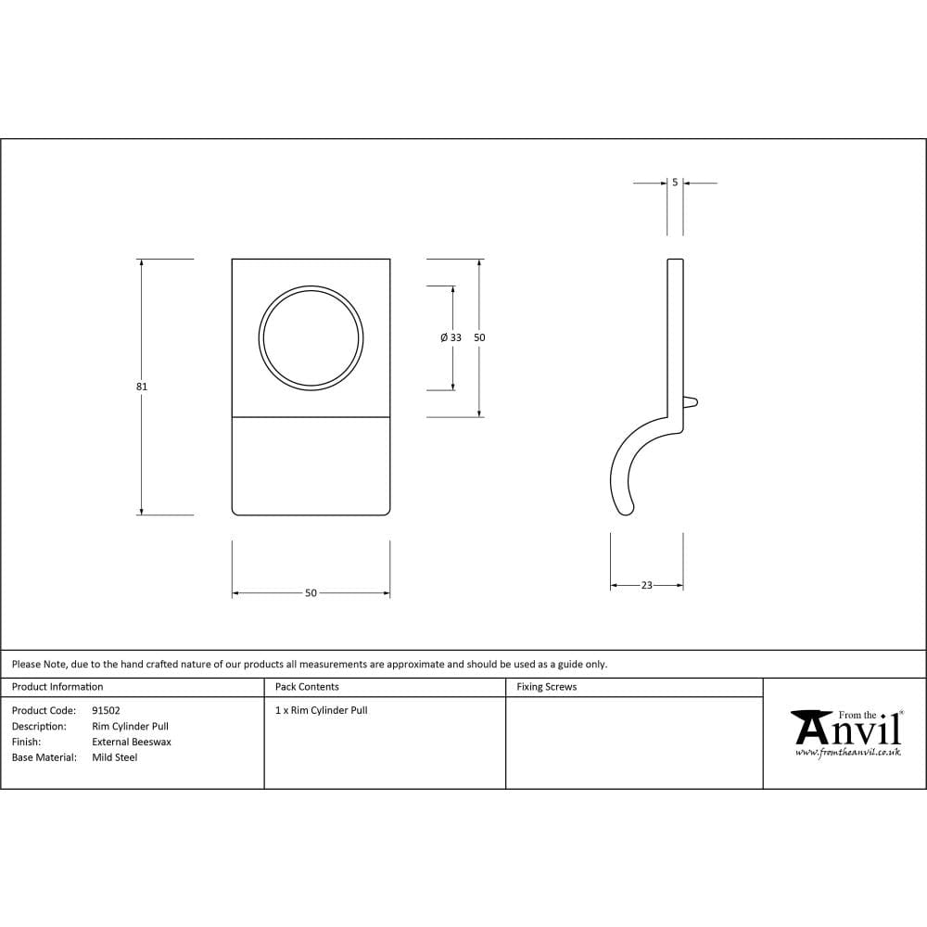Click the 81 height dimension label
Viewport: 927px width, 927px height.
(142, 387)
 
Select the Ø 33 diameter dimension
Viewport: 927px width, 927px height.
(451, 338)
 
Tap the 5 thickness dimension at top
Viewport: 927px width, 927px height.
(675, 183)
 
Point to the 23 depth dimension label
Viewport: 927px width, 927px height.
(646, 585)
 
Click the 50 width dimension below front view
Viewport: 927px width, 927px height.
(311, 592)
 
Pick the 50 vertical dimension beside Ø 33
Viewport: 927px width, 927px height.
(479, 338)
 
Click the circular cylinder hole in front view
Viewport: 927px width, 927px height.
(311, 337)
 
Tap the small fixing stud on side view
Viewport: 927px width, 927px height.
(691, 401)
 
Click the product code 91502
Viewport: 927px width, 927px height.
(106, 710)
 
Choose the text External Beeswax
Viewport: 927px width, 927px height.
(132, 742)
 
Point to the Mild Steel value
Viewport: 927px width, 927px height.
(114, 757)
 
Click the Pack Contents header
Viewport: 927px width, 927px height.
(307, 687)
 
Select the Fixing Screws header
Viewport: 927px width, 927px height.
(546, 687)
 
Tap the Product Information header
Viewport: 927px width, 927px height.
(57, 687)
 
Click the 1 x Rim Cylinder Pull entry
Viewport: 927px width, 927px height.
(321, 710)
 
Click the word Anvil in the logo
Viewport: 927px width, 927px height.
(848, 730)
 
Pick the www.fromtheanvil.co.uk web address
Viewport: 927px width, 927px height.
(847, 753)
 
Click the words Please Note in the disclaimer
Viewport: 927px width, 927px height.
(38, 664)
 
